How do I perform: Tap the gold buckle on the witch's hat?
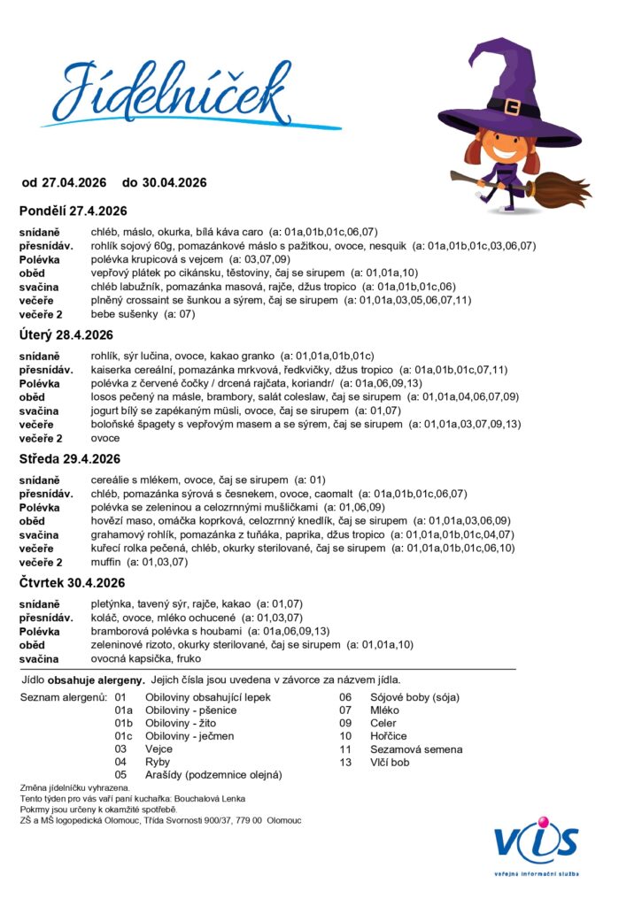point(513,107)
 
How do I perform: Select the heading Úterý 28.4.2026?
point(66,334)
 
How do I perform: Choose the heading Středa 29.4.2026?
point(70,458)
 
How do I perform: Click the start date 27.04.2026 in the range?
point(74,182)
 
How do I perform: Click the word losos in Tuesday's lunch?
point(104,397)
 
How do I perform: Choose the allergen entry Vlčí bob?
point(390,762)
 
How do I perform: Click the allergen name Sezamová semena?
point(414,749)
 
